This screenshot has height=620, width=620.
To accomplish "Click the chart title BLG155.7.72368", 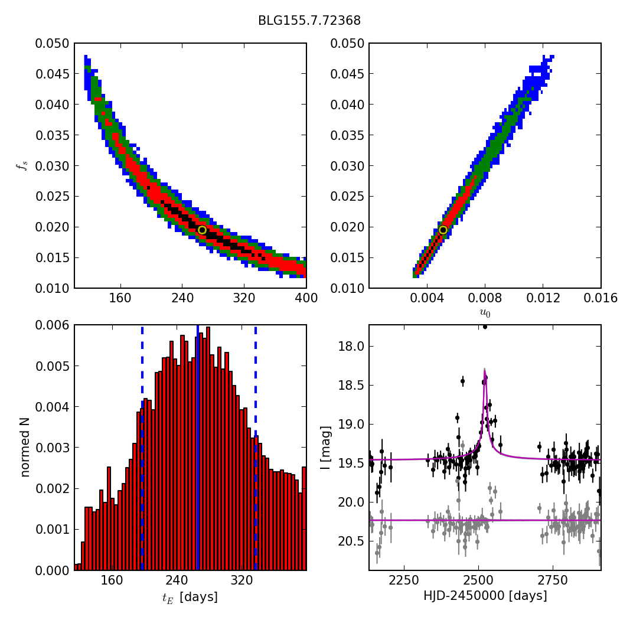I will tap(309, 21).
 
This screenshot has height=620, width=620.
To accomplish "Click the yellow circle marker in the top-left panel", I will tap(202, 230).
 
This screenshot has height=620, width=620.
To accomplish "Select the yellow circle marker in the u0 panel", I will tap(443, 230).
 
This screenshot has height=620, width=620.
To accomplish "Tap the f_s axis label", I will tap(22, 166).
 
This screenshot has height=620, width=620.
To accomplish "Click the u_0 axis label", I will tap(484, 314).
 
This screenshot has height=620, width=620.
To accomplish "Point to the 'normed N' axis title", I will tap(25, 447).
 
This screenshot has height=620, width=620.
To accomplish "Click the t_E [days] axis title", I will tap(190, 598).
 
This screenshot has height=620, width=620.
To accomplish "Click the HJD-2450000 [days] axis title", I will tap(485, 596).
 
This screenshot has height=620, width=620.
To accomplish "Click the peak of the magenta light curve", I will tap(485, 370).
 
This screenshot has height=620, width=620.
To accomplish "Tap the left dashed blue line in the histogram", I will tap(142, 447).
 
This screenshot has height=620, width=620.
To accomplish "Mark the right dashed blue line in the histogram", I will tap(255, 447).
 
